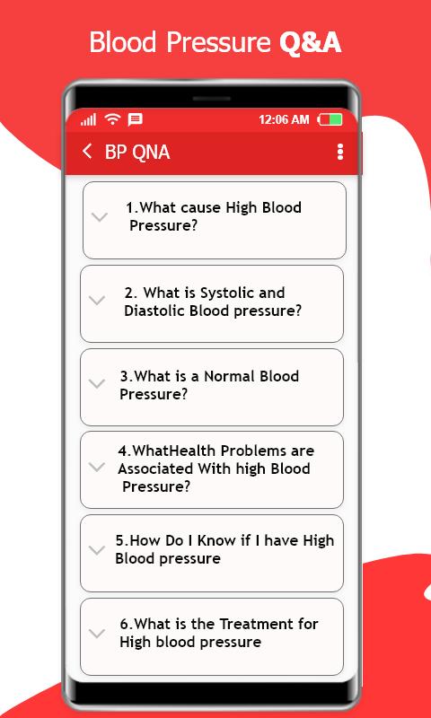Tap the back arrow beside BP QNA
[87, 151]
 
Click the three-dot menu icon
[339, 152]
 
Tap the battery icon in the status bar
[330, 120]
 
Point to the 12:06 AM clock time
[284, 120]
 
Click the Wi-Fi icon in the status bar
[112, 119]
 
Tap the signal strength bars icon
[88, 120]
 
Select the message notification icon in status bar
[135, 120]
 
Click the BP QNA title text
[137, 152]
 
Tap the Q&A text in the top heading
[310, 42]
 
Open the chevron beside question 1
[100, 216]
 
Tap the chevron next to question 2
[97, 301]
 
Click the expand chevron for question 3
[97, 384]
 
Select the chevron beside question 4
[97, 467]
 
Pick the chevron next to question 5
[97, 550]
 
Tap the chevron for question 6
[97, 634]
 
